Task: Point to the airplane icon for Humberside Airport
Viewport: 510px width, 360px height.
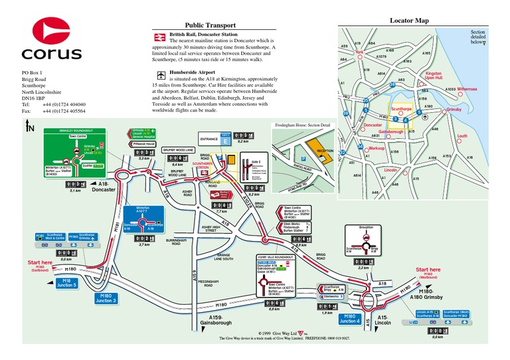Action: point(160,72)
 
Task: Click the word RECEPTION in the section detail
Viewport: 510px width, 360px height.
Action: point(325,151)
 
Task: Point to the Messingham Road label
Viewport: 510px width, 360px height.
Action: point(208,282)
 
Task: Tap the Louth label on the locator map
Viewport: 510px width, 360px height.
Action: point(463,135)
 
